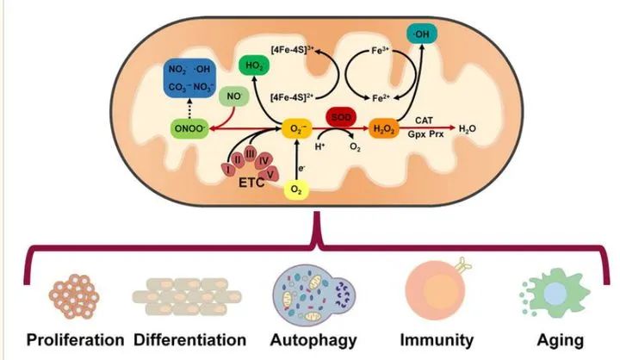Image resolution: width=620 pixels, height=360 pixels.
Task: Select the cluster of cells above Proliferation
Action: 75,295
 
